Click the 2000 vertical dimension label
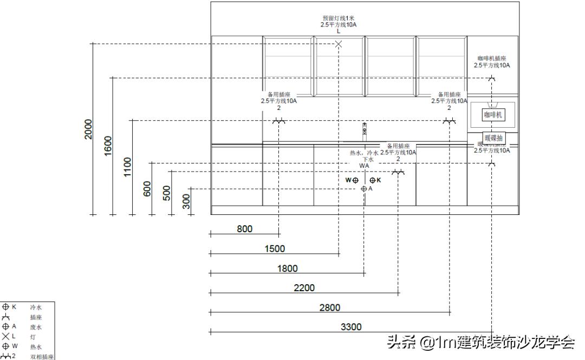click(88, 129)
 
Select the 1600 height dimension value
click(108, 145)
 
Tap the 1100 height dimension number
click(127, 166)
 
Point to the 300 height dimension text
click(186, 201)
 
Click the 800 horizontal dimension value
click(244, 229)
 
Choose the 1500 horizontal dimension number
click(275, 249)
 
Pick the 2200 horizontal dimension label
click(304, 288)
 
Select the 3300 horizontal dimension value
click(351, 327)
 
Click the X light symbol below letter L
click(339, 44)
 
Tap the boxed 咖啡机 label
click(493, 115)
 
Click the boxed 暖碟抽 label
click(493, 138)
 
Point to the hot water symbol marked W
click(355, 180)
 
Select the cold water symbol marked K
click(373, 180)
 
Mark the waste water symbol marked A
click(364, 189)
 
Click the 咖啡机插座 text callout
click(491, 58)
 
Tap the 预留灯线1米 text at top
click(338, 18)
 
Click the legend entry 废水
click(36, 327)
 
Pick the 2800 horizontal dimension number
click(329, 307)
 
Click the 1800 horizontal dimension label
click(287, 269)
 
